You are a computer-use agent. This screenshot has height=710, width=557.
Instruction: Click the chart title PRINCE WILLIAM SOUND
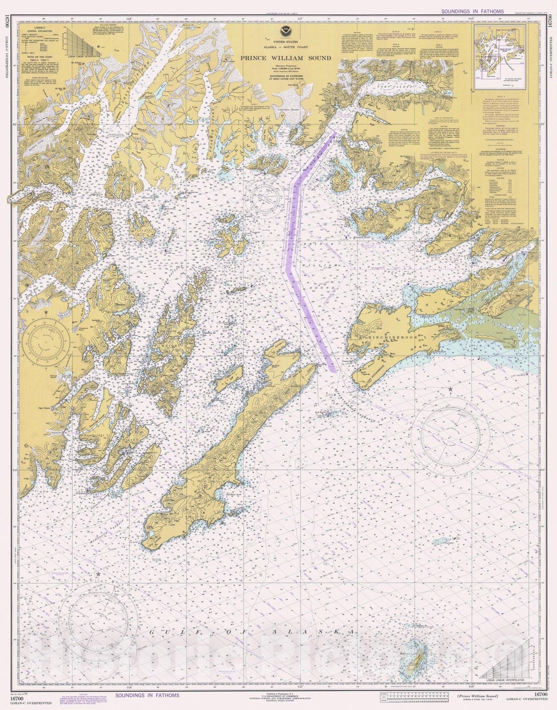coord(286,58)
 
